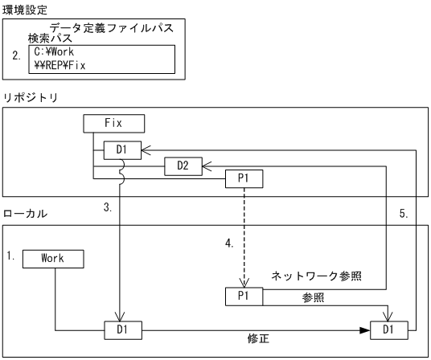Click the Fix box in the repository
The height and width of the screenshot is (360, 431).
(113, 124)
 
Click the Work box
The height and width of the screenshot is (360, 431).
(55, 258)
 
